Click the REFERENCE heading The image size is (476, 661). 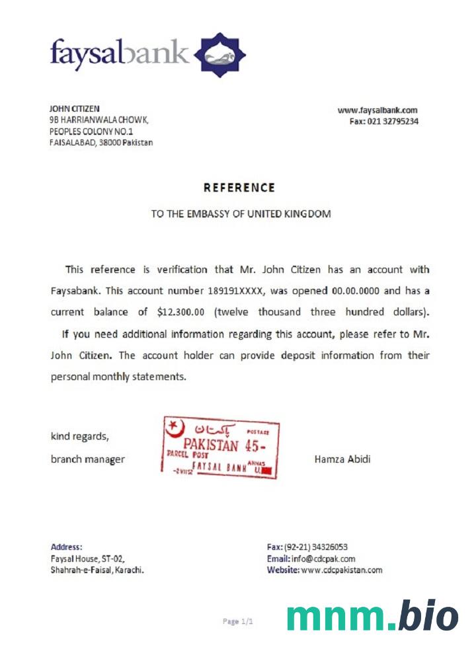(x=239, y=188)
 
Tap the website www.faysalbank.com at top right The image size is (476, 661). (x=377, y=110)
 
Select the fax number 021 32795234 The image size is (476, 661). (x=393, y=122)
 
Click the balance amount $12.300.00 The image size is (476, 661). (x=183, y=311)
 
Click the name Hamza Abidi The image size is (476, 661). (x=342, y=459)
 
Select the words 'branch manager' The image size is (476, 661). (x=88, y=459)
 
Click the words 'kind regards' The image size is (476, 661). (x=79, y=436)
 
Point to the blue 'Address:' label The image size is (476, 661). (x=67, y=547)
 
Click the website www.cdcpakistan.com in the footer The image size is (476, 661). (x=341, y=570)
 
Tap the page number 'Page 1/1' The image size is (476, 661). (x=238, y=621)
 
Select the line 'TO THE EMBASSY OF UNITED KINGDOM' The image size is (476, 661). (x=241, y=214)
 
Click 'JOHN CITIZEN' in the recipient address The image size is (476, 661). (x=75, y=108)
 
